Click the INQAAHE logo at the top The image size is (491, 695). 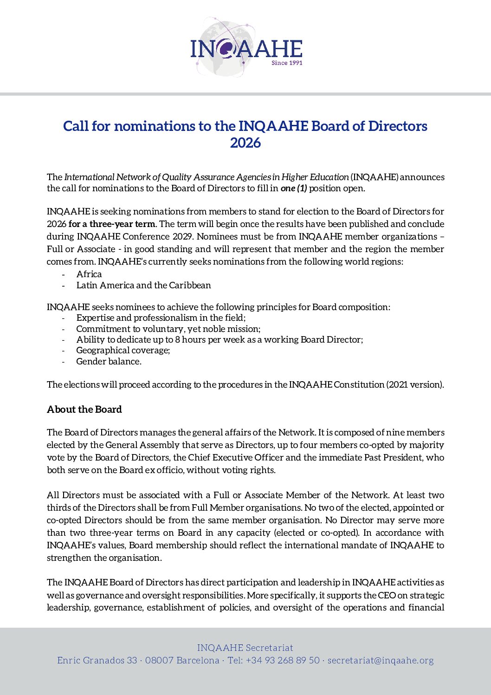tap(246, 48)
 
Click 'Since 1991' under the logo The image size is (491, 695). tap(287, 63)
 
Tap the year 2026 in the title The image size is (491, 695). tap(245, 143)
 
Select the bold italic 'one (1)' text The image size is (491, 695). tap(294, 188)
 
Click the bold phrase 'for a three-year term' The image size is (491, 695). tap(112, 224)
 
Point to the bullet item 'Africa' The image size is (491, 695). tap(89, 274)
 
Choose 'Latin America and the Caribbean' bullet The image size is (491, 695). tap(143, 286)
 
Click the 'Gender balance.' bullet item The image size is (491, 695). tap(109, 362)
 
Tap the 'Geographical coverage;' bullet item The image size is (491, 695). tap(123, 351)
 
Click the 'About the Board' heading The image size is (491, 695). tap(84, 409)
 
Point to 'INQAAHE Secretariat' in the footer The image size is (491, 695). tap(245, 648)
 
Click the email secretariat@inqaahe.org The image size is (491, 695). tap(381, 661)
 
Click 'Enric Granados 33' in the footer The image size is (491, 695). tap(97, 661)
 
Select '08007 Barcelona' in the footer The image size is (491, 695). tap(182, 661)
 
